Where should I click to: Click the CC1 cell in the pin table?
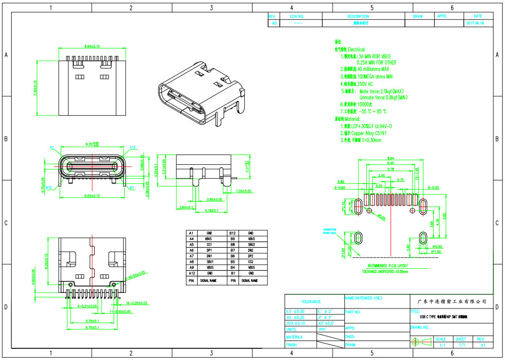coord(209,244)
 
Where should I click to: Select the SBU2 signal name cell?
coord(251,244)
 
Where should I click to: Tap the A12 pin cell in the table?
coord(191,274)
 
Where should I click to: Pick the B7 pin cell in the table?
coord(233,250)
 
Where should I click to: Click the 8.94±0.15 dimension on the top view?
coord(92,46)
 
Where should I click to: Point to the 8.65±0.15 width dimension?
coord(92,196)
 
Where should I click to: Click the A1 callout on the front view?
coord(52,147)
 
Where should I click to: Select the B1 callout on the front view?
coord(132,187)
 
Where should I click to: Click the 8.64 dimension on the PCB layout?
coord(390,159)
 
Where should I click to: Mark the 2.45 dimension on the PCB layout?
coord(381,175)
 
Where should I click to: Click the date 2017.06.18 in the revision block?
coord(478,23)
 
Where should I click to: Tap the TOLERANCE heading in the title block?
coord(311,302)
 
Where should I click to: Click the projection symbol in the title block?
coord(420,342)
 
